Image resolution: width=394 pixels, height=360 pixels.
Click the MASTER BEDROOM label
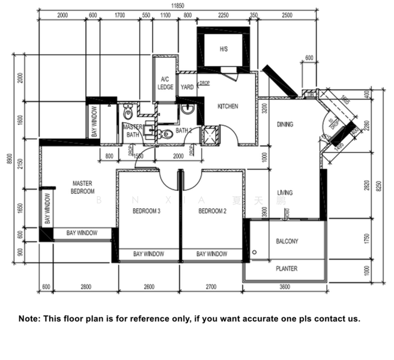click(83, 187)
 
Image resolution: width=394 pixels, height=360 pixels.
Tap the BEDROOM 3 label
click(147, 211)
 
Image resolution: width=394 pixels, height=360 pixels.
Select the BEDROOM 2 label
click(212, 211)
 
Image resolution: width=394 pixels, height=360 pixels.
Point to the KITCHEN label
click(228, 106)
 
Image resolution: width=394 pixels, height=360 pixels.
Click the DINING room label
click(285, 125)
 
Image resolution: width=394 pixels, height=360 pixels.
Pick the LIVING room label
click(285, 193)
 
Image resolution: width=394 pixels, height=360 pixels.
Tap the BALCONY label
click(286, 241)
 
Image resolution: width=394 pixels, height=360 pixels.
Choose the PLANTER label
click(286, 269)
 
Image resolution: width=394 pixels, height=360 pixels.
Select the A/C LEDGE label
click(165, 83)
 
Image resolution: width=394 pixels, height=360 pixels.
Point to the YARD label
click(187, 88)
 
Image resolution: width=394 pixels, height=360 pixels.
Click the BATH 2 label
click(184, 130)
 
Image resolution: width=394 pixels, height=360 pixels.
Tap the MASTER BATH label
click(132, 131)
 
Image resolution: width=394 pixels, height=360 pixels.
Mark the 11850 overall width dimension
click(177, 5)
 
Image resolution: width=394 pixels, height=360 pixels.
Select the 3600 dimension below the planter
click(285, 287)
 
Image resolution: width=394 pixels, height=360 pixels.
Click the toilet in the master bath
click(128, 113)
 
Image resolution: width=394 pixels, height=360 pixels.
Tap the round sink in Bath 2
click(187, 110)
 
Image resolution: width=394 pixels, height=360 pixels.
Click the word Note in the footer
click(29, 319)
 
